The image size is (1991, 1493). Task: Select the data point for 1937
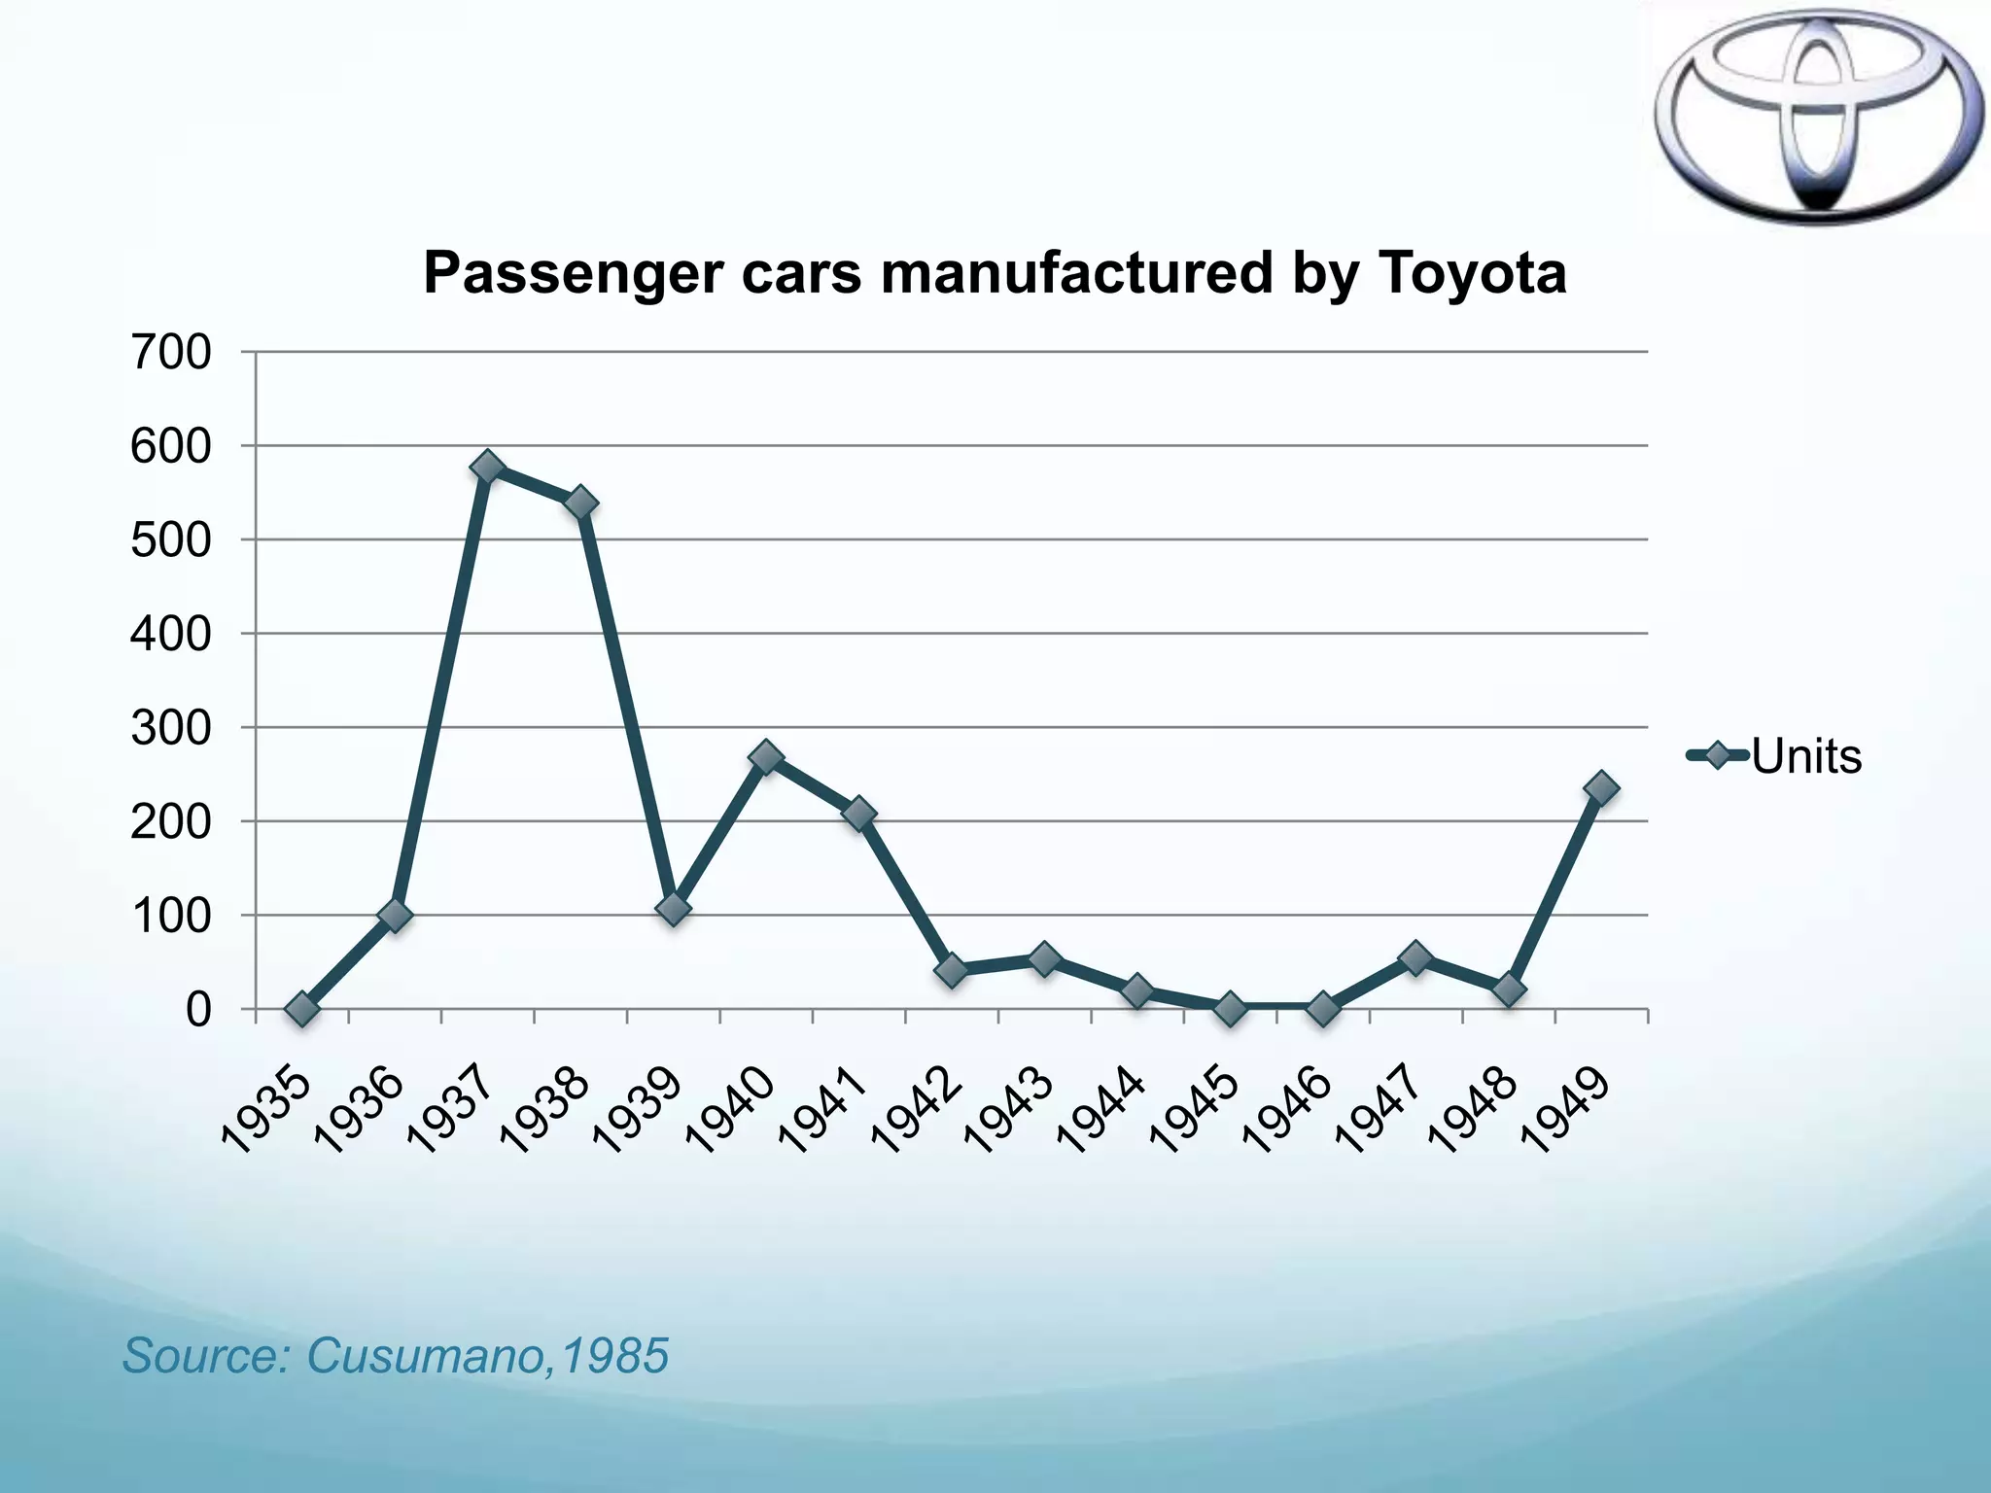[x=487, y=468]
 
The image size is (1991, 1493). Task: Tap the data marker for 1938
[x=580, y=503]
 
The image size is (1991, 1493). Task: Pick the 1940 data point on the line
[x=766, y=757]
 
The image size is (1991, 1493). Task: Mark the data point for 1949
[x=1600, y=787]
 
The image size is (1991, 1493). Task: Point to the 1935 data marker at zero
[x=301, y=1009]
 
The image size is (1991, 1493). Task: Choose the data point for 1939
[x=673, y=909]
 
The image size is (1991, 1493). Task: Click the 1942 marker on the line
[x=952, y=970]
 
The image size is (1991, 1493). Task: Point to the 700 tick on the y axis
[x=170, y=352]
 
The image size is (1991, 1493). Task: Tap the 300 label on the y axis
[x=170, y=728]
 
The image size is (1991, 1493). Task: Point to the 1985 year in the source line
[x=614, y=1356]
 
